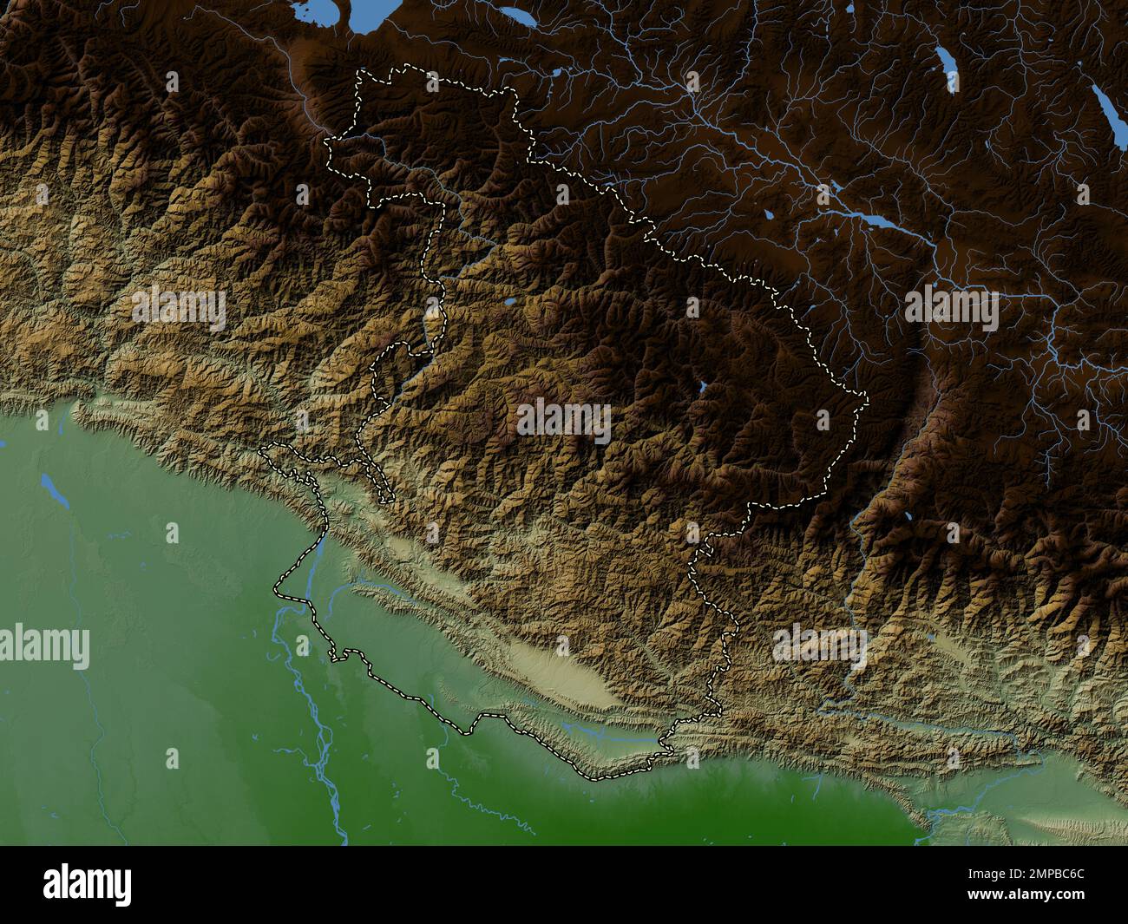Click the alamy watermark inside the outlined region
coord(564,422)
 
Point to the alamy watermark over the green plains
coord(43,647)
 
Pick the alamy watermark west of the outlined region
coord(179,309)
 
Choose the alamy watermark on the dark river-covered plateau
coord(951,309)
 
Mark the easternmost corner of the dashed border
coord(866,398)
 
